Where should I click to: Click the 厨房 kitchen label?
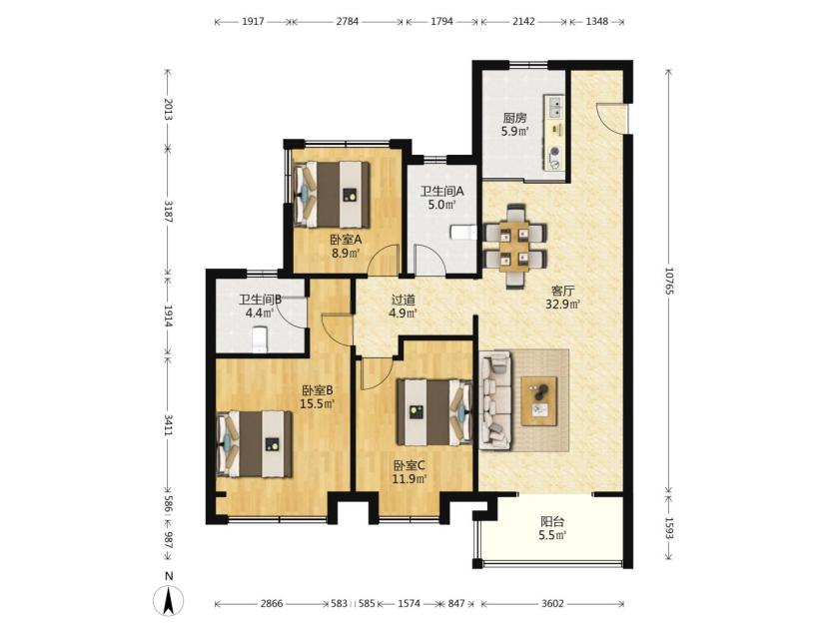pos(514,118)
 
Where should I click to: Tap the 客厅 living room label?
pos(563,291)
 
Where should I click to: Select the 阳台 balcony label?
pos(552,521)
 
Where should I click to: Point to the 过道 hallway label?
pos(403,301)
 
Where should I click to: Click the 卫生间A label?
pos(441,191)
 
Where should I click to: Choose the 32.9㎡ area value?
pos(563,305)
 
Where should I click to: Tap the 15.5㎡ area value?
pos(318,403)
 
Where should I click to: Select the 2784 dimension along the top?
pos(348,21)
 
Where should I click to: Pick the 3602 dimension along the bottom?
pos(552,604)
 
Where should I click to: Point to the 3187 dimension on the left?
pos(168,212)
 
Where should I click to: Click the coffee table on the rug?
pos(539,401)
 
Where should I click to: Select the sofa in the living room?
pos(495,399)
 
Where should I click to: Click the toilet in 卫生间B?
pos(260,339)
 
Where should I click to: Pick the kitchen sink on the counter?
pos(555,106)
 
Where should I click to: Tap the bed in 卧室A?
pos(332,195)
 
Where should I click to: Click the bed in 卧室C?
pos(433,411)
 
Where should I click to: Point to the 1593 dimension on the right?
pos(669,527)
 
